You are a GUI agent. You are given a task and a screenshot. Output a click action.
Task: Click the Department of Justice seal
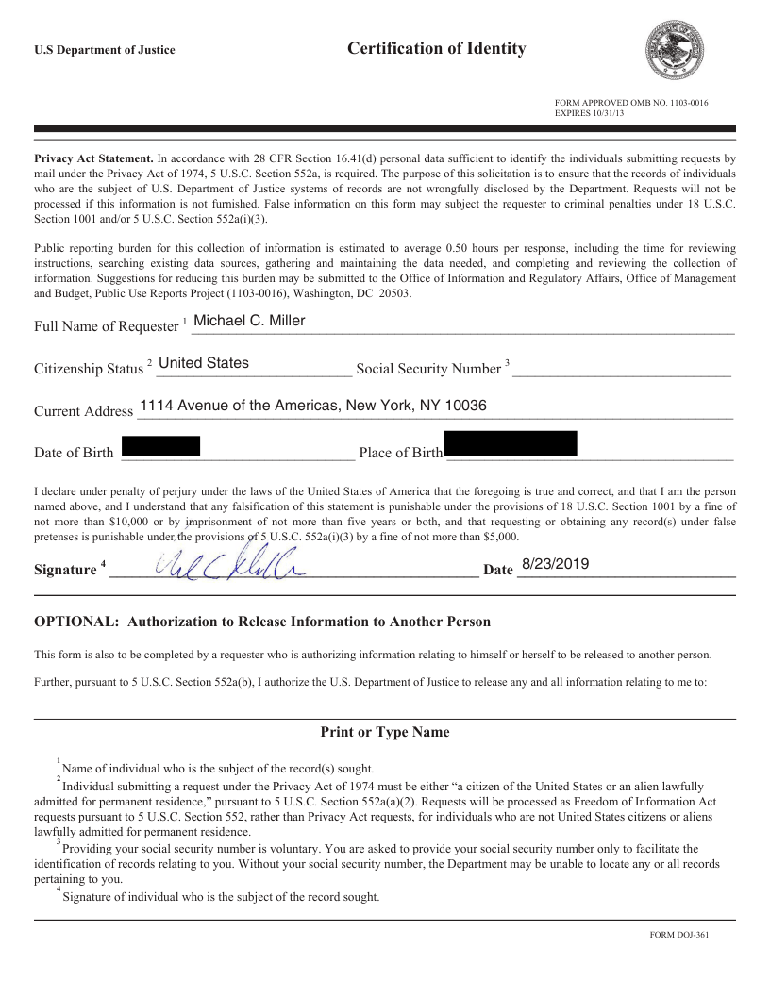coord(673,50)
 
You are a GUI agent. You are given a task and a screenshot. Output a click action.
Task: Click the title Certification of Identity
coord(436,48)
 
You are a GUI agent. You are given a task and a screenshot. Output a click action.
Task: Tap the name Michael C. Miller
coord(249,321)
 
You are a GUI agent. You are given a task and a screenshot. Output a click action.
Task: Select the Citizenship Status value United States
coord(204,363)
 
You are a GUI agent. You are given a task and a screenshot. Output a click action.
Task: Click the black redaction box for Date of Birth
coord(160,446)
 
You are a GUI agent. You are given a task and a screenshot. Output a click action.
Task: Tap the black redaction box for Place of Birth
coord(510,443)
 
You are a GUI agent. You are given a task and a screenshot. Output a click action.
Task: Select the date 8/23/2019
coord(555,563)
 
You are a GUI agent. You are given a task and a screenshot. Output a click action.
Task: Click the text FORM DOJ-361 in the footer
coord(679,935)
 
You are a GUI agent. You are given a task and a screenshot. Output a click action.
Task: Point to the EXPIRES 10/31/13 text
coord(589,112)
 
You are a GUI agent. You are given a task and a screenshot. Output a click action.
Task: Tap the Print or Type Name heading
coord(385,732)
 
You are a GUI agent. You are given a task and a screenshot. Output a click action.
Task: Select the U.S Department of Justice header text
coord(104,50)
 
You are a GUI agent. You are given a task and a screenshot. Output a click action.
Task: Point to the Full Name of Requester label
coord(106,326)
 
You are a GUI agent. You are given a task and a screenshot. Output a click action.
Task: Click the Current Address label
coord(83,411)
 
